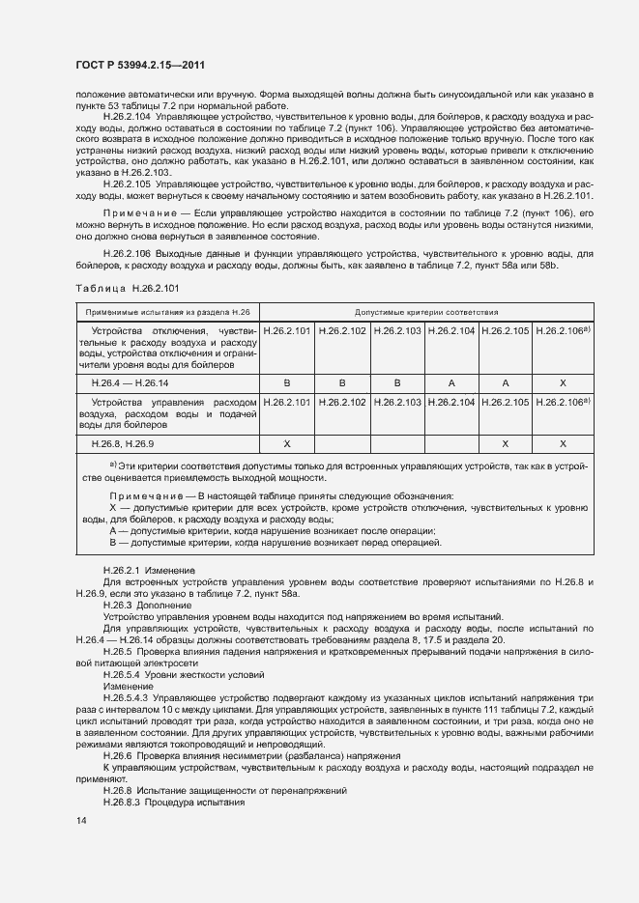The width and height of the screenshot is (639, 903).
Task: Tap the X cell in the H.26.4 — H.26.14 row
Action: tap(563, 382)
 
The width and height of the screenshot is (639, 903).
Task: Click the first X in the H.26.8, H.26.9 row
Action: tap(287, 441)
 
